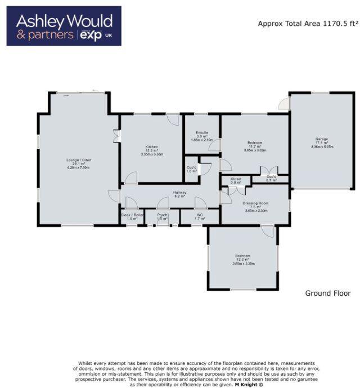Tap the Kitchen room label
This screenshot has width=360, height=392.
click(x=152, y=146)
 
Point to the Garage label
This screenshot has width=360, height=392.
click(x=322, y=139)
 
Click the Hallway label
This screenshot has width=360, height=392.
click(x=179, y=192)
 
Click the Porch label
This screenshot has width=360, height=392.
click(x=163, y=215)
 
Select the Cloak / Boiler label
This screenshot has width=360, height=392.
click(x=132, y=215)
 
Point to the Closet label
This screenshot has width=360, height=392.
click(x=236, y=179)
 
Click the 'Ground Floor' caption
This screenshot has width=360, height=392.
click(x=327, y=293)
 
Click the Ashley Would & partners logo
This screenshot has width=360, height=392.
click(x=64, y=26)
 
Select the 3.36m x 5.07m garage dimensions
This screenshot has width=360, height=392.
click(x=322, y=147)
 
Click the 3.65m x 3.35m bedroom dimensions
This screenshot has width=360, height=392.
click(x=243, y=264)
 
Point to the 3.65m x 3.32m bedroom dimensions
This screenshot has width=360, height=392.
click(x=255, y=150)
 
